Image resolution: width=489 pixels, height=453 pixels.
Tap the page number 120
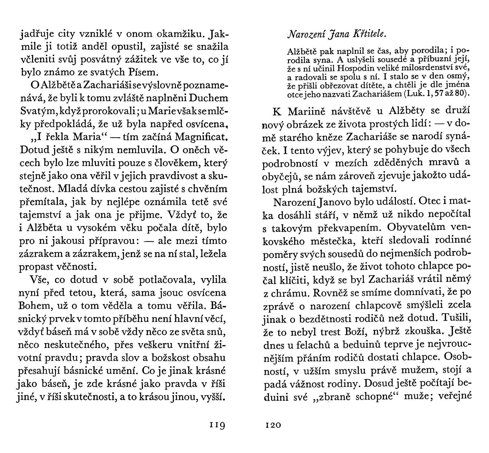click(273, 425)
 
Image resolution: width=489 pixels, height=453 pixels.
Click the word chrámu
click(289, 293)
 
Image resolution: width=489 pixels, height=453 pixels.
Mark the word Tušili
click(455, 318)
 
